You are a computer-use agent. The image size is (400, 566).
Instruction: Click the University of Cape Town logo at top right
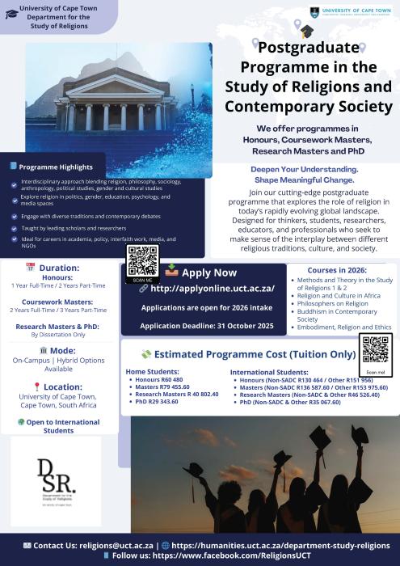pos(352,11)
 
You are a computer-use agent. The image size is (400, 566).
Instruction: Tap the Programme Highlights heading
pos(57,166)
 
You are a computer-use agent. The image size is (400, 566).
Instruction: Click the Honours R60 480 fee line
pos(159,379)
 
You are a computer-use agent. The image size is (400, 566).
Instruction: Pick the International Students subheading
pos(263,371)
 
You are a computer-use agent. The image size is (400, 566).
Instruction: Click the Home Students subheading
pos(153,371)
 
